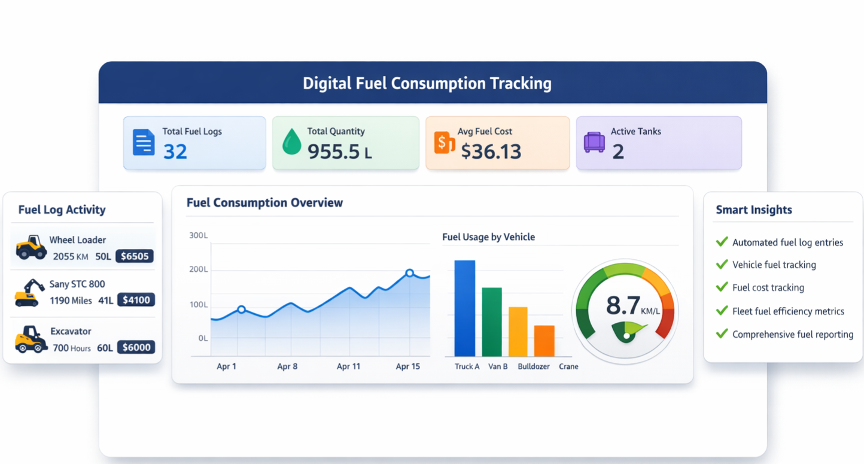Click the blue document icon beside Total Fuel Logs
[144, 142]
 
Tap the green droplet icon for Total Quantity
[291, 142]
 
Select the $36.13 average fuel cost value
[491, 151]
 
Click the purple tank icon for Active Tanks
[594, 142]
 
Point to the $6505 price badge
[135, 256]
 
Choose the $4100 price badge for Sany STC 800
[136, 300]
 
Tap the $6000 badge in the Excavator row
[136, 347]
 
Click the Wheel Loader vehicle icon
[31, 247]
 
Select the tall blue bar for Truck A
[465, 308]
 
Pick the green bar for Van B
[492, 322]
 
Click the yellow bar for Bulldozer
[518, 332]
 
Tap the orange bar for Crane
[544, 341]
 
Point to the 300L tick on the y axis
[198, 235]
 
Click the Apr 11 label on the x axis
[348, 366]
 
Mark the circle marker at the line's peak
[410, 273]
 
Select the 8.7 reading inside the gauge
[623, 305]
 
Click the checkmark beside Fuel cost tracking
[722, 287]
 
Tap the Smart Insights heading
[754, 210]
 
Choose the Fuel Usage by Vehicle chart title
[488, 237]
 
